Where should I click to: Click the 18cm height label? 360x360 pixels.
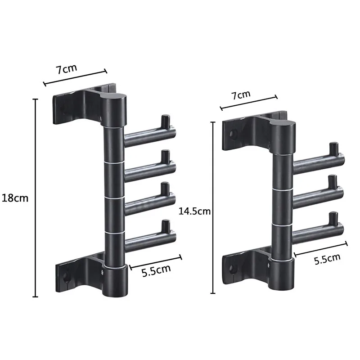pyautogui.click(x=15, y=198)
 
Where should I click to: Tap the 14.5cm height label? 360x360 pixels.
pyautogui.click(x=194, y=211)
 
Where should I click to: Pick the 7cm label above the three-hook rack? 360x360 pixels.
pyautogui.click(x=241, y=94)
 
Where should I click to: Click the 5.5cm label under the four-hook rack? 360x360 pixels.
pyautogui.click(x=156, y=270)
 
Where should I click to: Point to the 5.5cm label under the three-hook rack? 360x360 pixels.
pyautogui.click(x=327, y=259)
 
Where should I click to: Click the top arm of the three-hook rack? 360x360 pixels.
pyautogui.click(x=319, y=163)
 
